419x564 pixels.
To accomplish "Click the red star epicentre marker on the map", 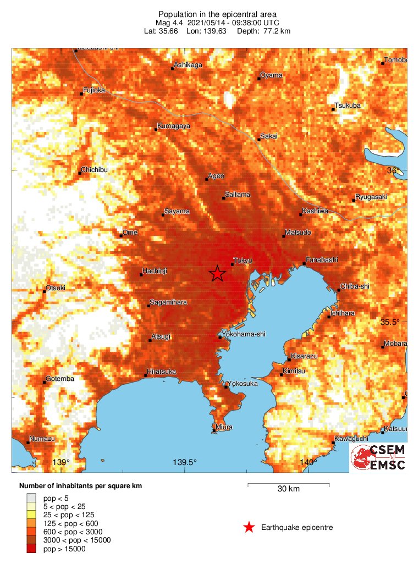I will click(x=218, y=273).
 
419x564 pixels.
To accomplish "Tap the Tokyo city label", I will click(x=242, y=261).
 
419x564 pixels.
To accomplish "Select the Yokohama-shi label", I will click(x=240, y=334).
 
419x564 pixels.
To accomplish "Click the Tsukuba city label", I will click(x=348, y=106).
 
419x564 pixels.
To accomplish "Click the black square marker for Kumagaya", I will click(x=155, y=130).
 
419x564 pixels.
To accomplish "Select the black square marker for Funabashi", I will click(x=304, y=264).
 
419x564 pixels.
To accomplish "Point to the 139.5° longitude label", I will click(x=185, y=462).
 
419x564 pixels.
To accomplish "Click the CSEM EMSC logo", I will click(x=379, y=458).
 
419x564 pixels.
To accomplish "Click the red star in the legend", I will click(x=249, y=528).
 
